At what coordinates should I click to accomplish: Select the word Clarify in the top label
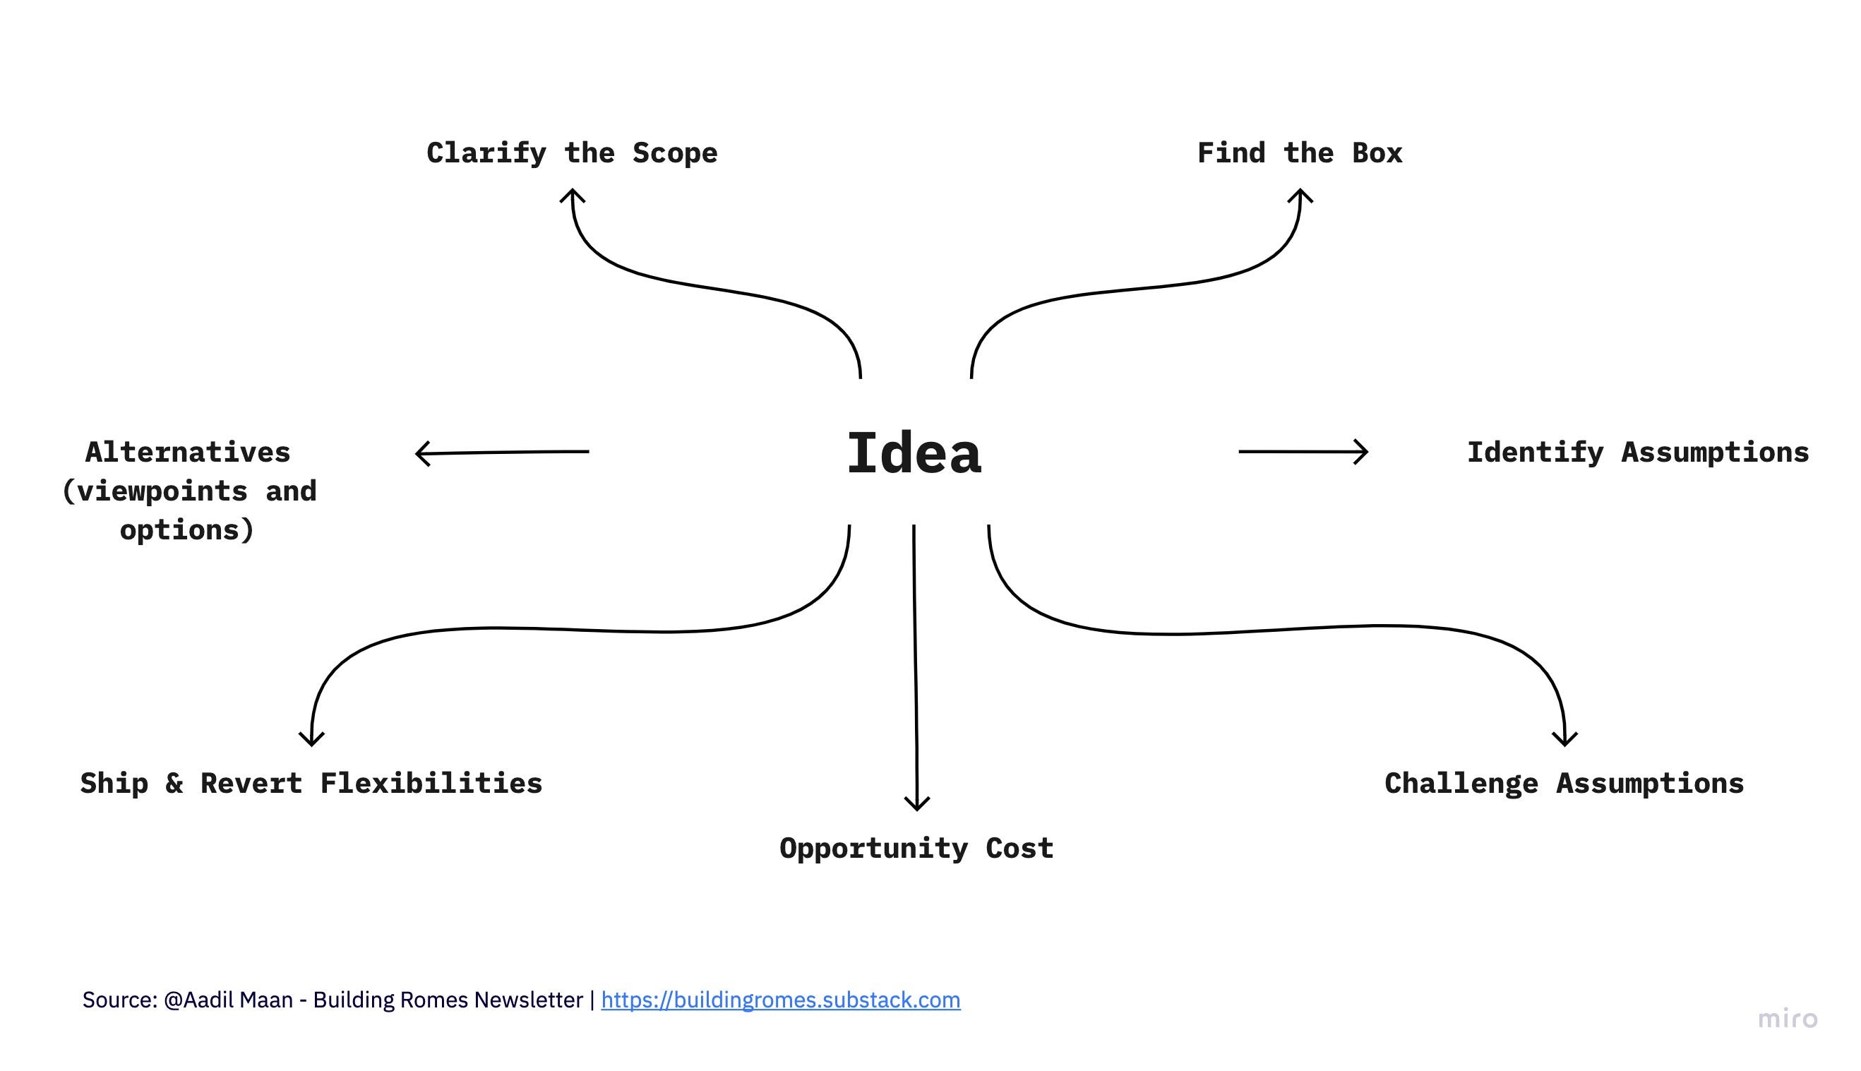click(486, 153)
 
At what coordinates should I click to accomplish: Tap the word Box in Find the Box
click(1376, 153)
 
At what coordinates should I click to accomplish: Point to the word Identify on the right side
click(1534, 453)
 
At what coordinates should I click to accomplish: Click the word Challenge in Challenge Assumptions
click(1461, 784)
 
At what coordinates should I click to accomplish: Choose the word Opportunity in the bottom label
click(873, 848)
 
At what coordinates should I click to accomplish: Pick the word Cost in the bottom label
click(1019, 848)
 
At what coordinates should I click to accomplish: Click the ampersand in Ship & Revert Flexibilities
click(174, 784)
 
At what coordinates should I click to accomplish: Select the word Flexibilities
click(431, 784)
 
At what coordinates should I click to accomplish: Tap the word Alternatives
click(188, 453)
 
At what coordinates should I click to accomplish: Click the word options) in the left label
click(187, 530)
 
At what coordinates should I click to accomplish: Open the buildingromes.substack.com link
click(780, 1000)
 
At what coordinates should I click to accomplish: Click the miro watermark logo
click(1787, 1019)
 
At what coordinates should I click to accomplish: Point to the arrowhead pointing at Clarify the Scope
click(573, 195)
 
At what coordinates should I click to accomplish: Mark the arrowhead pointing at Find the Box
click(1300, 195)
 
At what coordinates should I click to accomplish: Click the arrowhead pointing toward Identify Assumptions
click(1363, 452)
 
